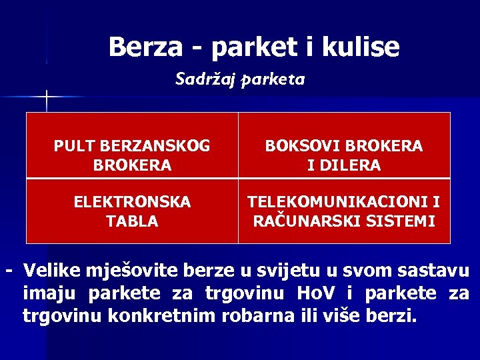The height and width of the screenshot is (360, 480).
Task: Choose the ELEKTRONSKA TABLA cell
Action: click(x=132, y=211)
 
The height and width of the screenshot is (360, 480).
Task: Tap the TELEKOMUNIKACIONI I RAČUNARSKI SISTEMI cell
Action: click(x=344, y=211)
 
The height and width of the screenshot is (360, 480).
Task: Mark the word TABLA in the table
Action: click(x=132, y=221)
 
